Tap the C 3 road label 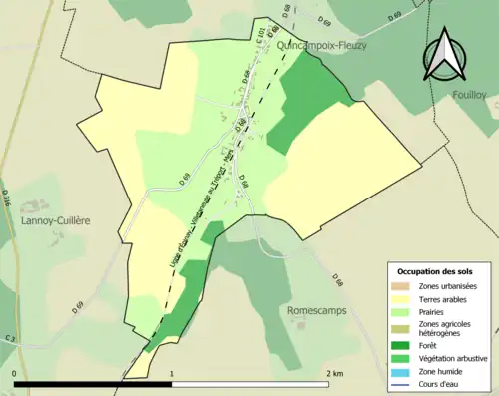8,340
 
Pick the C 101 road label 262,36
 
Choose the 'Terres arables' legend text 446,299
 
